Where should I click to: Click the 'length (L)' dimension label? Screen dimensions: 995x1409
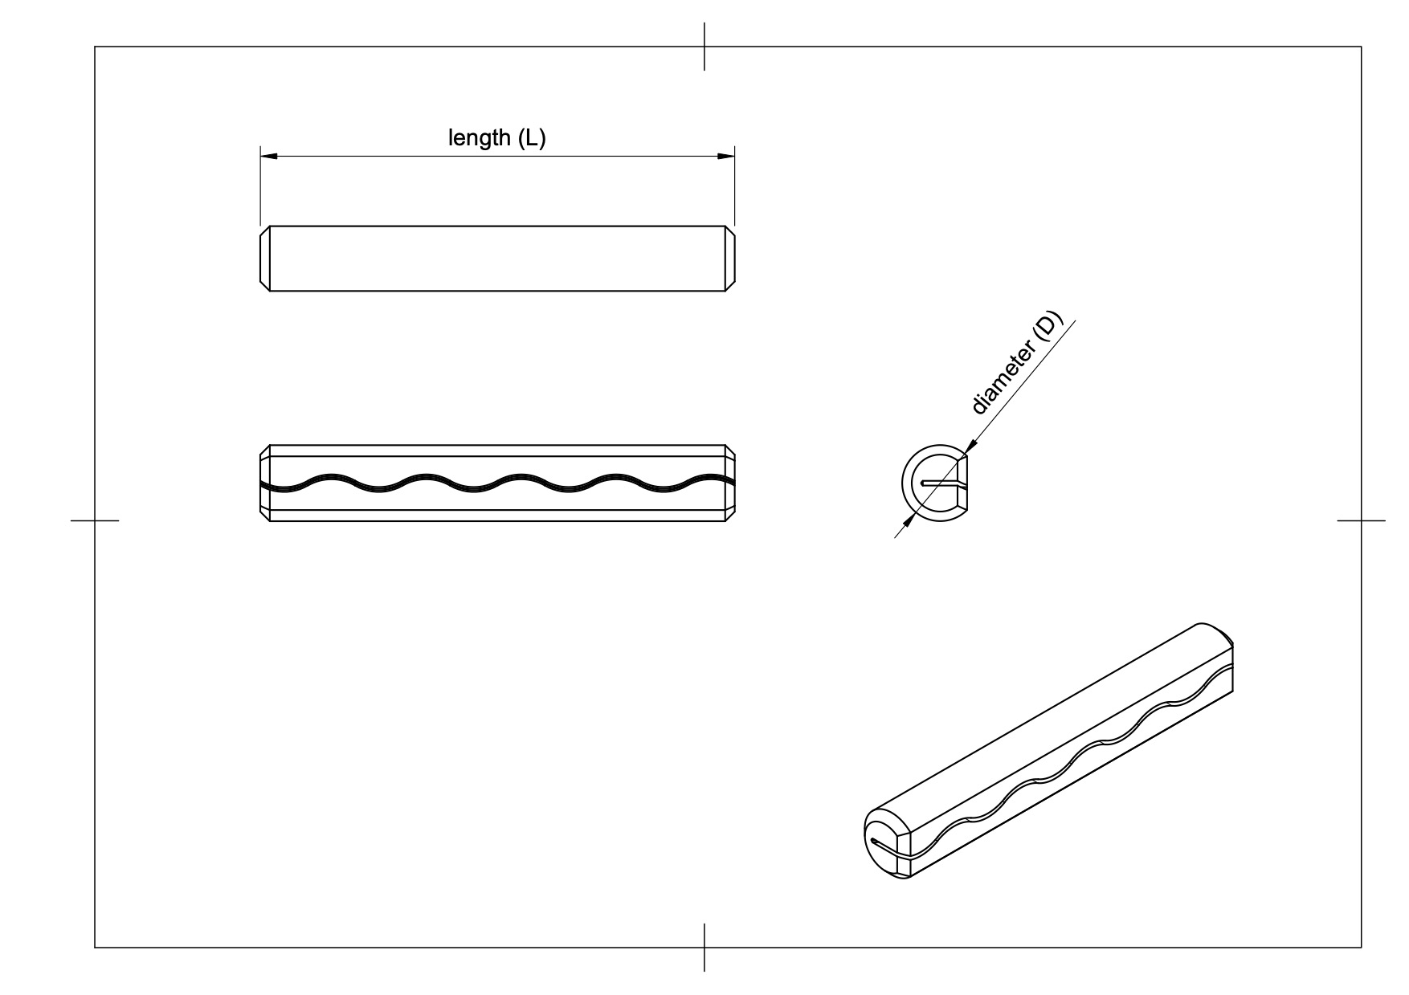[x=496, y=138]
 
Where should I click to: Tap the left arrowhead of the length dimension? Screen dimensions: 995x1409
[x=268, y=156]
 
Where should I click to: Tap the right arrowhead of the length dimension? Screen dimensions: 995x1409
[x=726, y=156]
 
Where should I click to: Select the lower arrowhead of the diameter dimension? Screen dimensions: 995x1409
[x=908, y=521]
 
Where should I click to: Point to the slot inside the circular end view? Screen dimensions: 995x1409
[x=941, y=483]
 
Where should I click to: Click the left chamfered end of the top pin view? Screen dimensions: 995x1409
[x=265, y=258]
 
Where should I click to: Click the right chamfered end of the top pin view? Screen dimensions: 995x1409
[x=730, y=258]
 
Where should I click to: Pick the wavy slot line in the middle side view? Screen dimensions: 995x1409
[x=497, y=482]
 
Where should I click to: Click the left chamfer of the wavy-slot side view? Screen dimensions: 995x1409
[x=265, y=483]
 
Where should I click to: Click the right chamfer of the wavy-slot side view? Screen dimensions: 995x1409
[x=730, y=483]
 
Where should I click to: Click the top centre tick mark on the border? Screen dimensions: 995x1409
[x=704, y=47]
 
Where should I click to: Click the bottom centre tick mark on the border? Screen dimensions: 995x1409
[x=704, y=948]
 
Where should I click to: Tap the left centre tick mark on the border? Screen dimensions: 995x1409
[x=95, y=520]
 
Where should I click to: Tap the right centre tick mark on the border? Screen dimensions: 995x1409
[x=1361, y=520]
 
